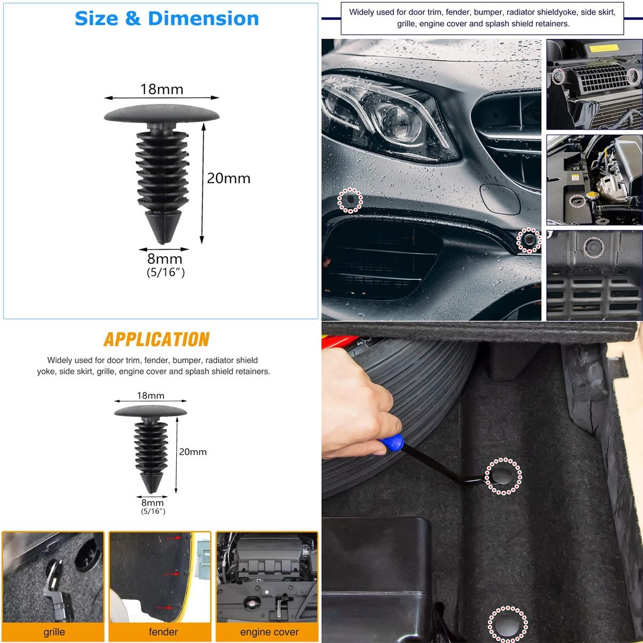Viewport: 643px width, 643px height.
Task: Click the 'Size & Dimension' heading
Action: coord(167,18)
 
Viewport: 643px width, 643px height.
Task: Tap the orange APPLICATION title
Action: coord(156,339)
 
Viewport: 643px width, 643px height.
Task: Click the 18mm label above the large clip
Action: coord(162,89)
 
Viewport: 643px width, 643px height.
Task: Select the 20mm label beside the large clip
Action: coord(229,178)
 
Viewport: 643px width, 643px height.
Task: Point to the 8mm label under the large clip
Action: coord(165,259)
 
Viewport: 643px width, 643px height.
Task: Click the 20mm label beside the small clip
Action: coord(193,452)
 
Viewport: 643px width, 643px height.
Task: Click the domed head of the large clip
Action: coord(162,114)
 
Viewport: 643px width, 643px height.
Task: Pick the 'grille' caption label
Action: coord(54,632)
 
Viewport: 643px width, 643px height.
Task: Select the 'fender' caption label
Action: coord(163,631)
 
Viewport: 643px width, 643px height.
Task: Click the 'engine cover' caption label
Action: coord(270,632)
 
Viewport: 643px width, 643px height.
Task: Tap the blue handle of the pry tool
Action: coord(392,442)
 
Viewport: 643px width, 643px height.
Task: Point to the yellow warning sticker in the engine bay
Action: coord(604,48)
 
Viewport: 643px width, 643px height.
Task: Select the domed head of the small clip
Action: coord(151,411)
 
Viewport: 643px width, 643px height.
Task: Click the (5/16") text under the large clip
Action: coord(166,272)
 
